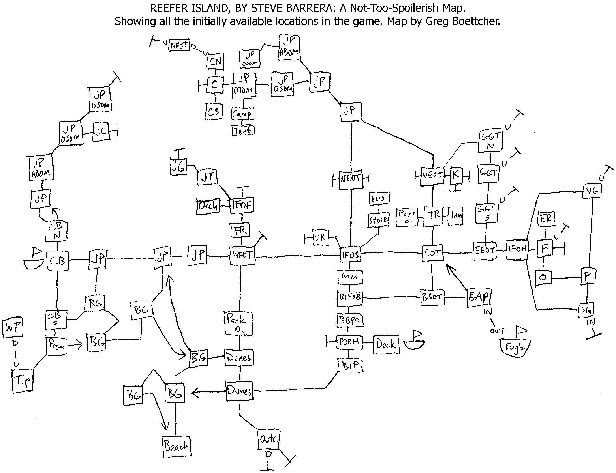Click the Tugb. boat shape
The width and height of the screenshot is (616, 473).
(x=515, y=348)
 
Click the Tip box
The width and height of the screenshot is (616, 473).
(x=23, y=381)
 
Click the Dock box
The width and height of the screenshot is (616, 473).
(x=386, y=344)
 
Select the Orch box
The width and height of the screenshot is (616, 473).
(x=208, y=206)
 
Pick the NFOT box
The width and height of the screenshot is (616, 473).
(x=179, y=46)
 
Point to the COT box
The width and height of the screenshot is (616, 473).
(x=432, y=253)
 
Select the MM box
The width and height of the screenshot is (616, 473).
(x=350, y=277)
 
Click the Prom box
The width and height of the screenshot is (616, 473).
(x=56, y=346)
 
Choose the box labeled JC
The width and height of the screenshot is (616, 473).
(x=101, y=131)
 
